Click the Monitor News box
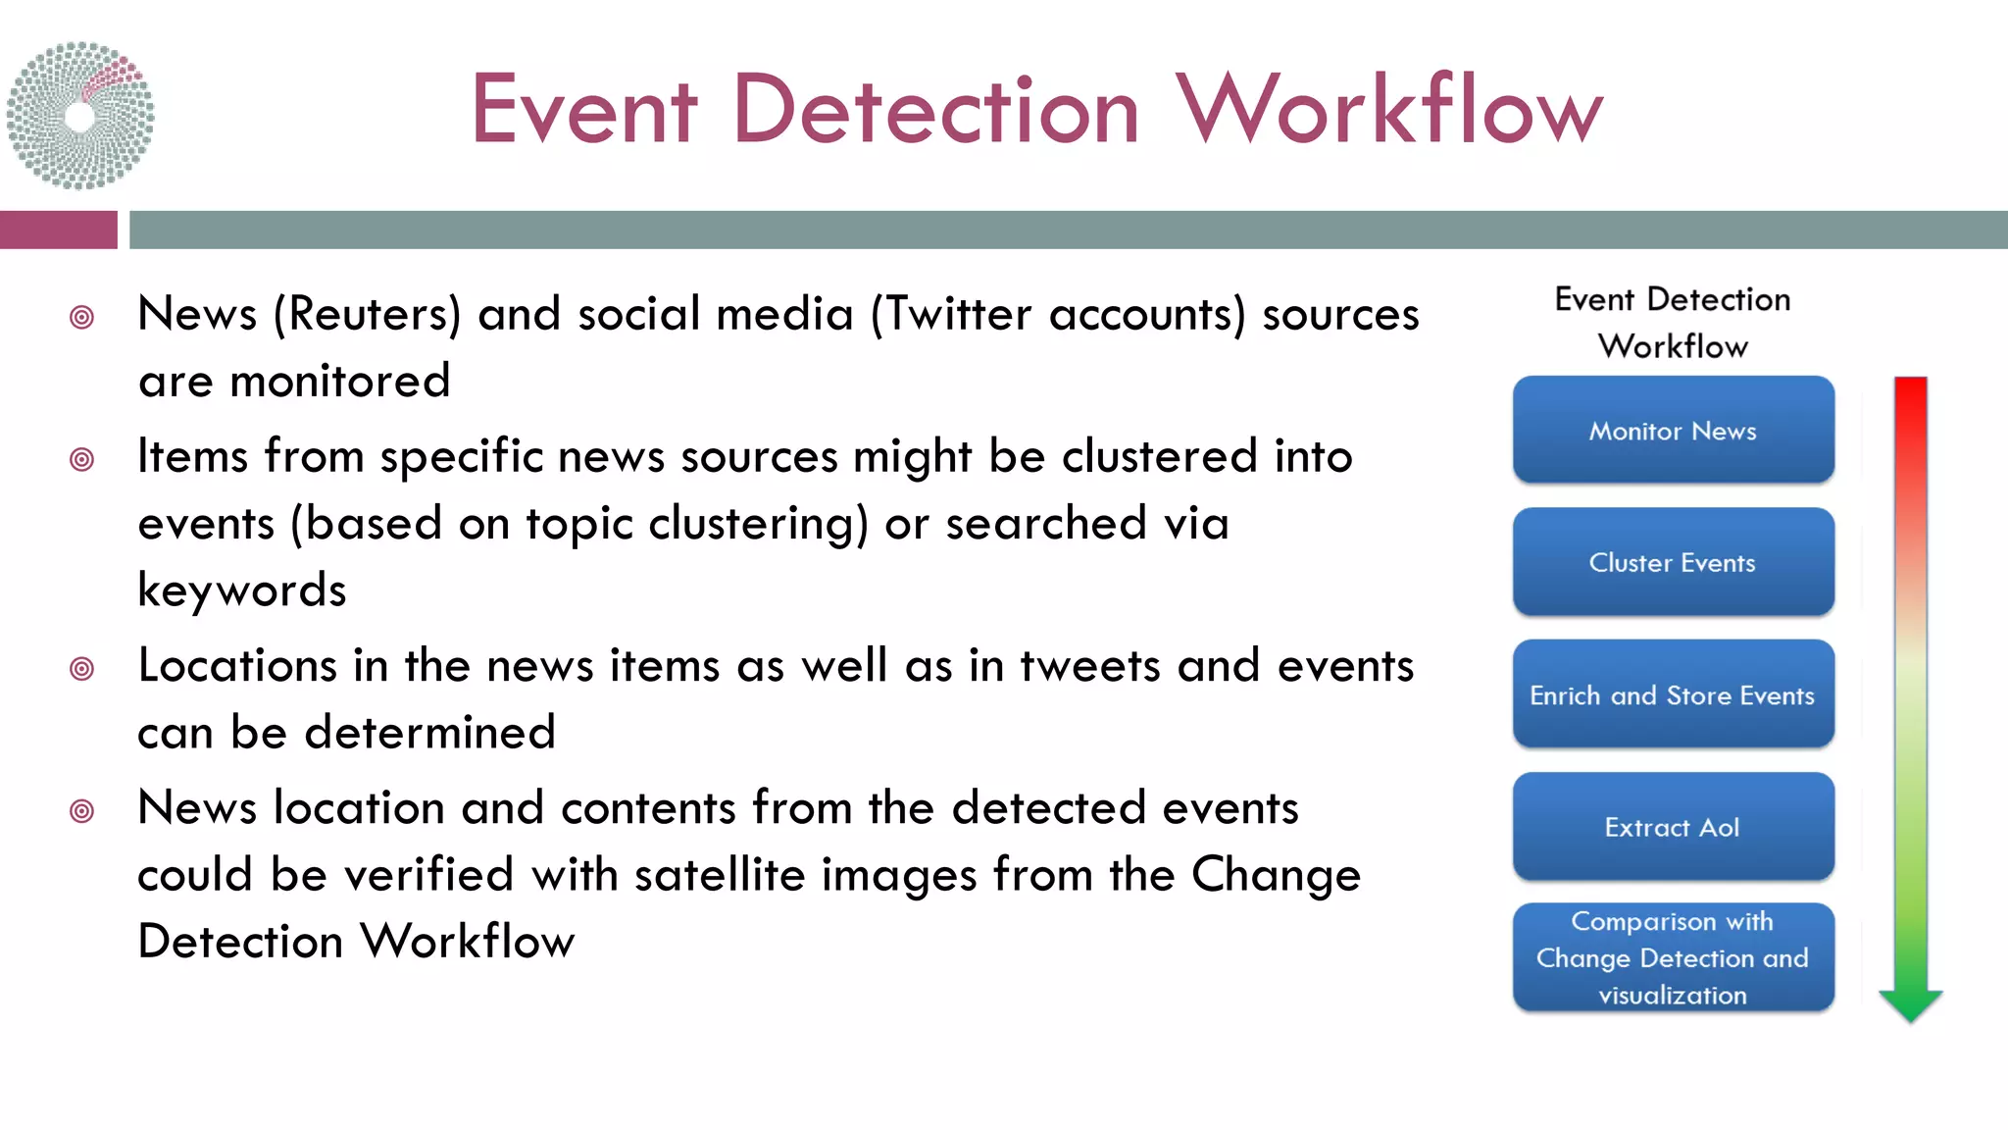[x=1673, y=430]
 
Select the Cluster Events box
[x=1673, y=562]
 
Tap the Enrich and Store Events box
[x=1673, y=694]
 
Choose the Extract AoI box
[x=1673, y=827]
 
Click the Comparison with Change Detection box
[x=1673, y=957]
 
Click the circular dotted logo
[x=80, y=116]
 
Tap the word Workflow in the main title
[x=1388, y=110]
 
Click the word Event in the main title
[x=583, y=110]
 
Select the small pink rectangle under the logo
[x=58, y=230]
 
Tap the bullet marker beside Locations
[x=82, y=669]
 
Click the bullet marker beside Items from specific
[x=82, y=459]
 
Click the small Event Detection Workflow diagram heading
[x=1673, y=322]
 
